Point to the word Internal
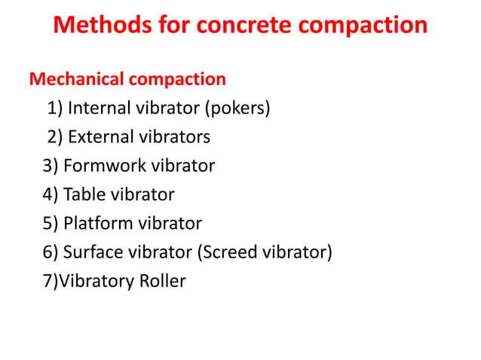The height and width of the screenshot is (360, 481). (x=99, y=108)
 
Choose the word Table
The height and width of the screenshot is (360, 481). (x=84, y=194)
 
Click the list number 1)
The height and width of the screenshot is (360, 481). (x=55, y=108)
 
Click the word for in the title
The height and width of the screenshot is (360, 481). (x=170, y=25)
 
